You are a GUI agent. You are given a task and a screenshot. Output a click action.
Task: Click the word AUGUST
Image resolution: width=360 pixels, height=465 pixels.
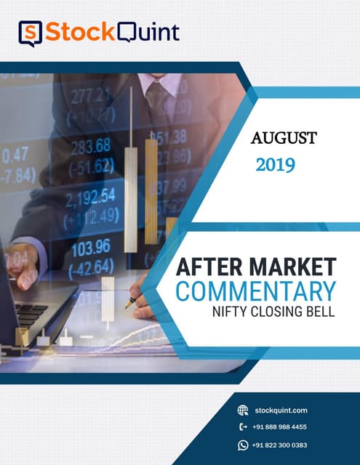coord(284,138)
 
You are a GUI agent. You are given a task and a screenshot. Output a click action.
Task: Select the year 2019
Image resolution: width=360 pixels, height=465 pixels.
coord(275,165)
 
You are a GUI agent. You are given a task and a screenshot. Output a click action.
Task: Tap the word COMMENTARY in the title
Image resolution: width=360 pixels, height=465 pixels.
coord(256,291)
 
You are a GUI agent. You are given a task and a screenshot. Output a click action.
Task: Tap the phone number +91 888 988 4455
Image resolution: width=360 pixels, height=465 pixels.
coord(279,427)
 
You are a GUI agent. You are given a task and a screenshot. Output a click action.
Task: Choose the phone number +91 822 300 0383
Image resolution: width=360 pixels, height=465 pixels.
coord(279,445)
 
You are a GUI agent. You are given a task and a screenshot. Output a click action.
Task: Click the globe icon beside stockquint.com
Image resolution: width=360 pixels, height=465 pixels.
coord(243,410)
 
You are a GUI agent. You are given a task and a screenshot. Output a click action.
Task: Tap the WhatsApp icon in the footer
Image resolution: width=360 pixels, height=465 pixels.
coord(243,445)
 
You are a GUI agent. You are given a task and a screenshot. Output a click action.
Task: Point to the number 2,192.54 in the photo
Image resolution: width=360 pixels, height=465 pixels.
coord(90,197)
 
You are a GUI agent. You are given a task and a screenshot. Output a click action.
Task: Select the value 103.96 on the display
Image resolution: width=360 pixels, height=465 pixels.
coord(91,246)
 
